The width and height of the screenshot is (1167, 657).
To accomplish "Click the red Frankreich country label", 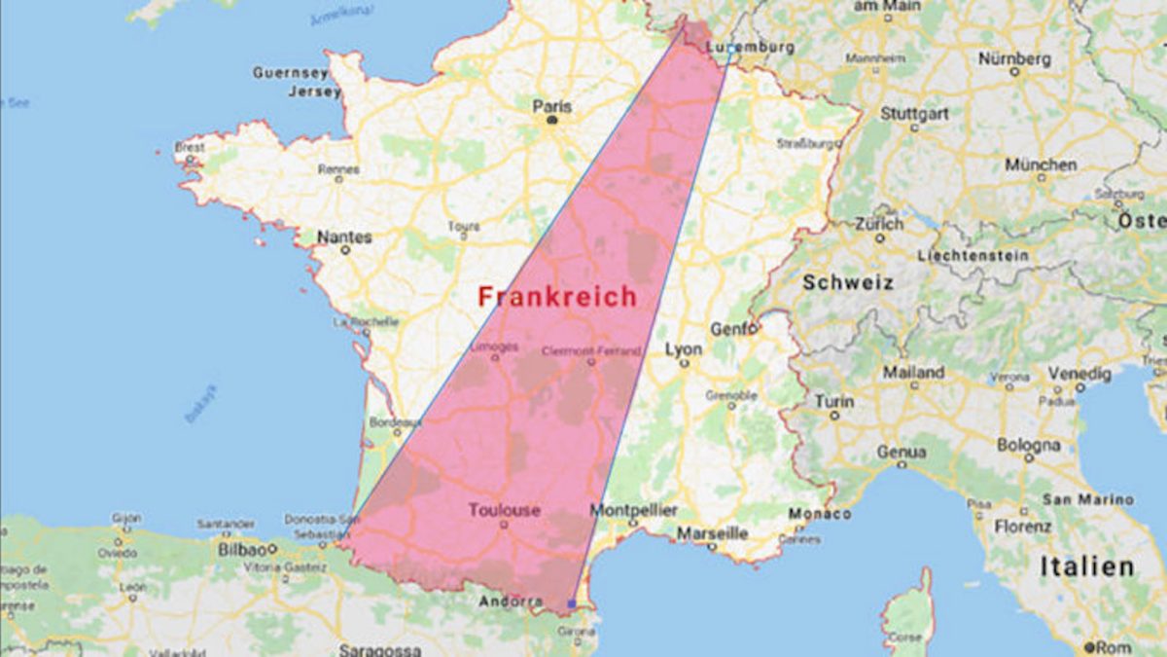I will point(557,297).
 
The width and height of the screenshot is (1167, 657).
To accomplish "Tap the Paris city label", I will point(552,105).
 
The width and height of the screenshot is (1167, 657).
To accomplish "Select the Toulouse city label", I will point(504,510).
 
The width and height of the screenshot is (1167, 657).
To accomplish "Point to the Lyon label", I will point(684,348).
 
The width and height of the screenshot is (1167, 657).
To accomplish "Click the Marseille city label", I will point(713,533).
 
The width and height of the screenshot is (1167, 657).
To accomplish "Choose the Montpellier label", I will point(634,510).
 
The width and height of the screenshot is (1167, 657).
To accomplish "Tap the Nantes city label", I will point(344,237).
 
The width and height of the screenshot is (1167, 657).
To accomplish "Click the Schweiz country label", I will point(847,282).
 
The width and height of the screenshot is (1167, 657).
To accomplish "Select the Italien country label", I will point(1086,566).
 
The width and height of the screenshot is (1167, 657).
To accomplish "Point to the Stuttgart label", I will point(914,113).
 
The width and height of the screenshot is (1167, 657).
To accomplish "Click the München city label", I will point(1041,164).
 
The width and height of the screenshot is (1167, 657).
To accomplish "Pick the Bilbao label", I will point(242,549).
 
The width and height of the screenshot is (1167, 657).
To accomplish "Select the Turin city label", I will point(834,401).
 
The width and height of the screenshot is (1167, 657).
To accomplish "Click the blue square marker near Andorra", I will point(571,604).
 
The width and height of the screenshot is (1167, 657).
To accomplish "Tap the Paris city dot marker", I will point(552,121).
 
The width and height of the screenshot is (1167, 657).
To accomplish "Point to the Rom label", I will point(1113,646).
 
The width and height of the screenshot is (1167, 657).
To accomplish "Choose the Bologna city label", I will point(1028,444).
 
